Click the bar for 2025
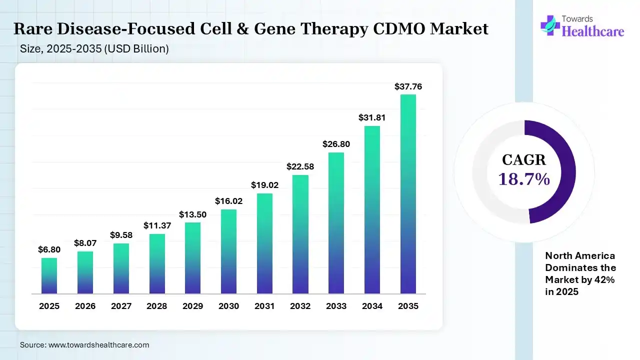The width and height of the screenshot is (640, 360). click(x=49, y=275)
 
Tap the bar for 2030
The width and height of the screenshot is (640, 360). click(x=228, y=251)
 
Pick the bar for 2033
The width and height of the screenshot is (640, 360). click(x=336, y=222)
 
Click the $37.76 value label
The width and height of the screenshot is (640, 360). click(x=408, y=86)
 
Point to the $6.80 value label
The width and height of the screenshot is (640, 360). click(x=49, y=249)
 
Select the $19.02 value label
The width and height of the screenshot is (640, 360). click(x=264, y=185)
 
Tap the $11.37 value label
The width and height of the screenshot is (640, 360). click(x=157, y=225)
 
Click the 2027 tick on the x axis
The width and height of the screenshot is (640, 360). click(x=121, y=306)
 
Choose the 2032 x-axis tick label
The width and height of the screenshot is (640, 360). click(x=300, y=306)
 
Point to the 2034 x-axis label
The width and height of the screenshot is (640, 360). click(x=372, y=306)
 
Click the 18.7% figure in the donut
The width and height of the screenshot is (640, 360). click(x=524, y=179)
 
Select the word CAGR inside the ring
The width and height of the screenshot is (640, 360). click(x=524, y=160)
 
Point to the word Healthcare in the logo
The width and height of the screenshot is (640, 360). click(x=593, y=31)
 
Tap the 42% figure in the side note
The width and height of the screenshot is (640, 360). click(x=604, y=280)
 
